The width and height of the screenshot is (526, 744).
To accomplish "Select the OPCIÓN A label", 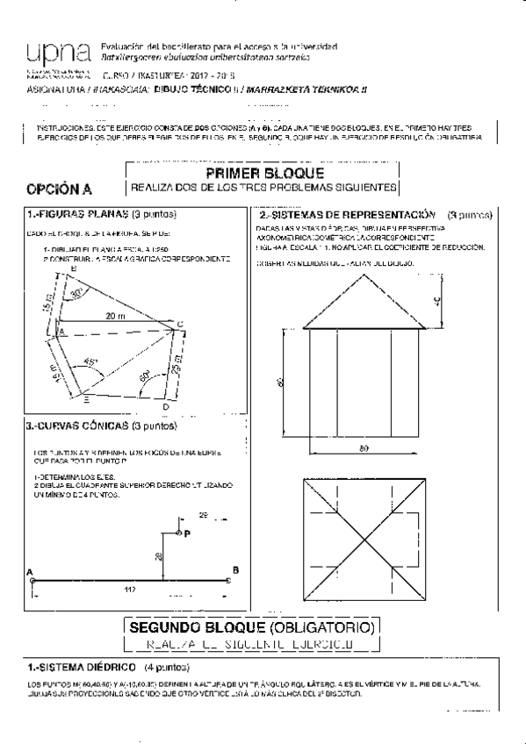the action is [x=60, y=189].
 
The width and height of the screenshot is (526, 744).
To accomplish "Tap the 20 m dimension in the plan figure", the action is [x=113, y=315].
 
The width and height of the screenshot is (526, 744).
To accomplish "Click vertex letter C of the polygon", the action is [x=180, y=326].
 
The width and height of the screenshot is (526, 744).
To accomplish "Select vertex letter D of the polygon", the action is [x=165, y=406].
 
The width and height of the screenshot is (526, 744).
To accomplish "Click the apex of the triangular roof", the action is [x=365, y=273].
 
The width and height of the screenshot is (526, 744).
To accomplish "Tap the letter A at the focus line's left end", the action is [x=32, y=571].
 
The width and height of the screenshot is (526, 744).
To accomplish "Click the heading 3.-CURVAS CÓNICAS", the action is [x=78, y=426].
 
